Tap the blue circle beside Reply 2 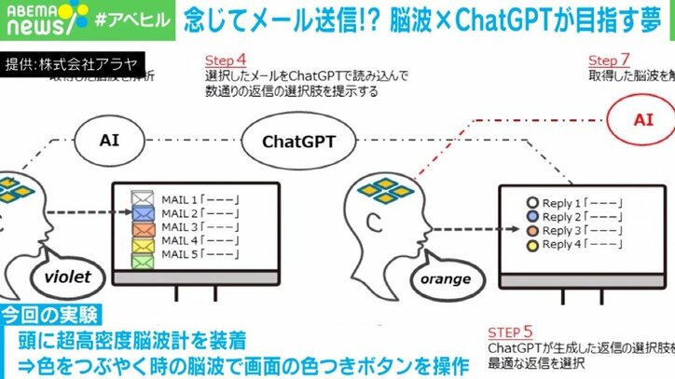(x=533, y=216)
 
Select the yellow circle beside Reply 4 (x=533, y=246)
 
